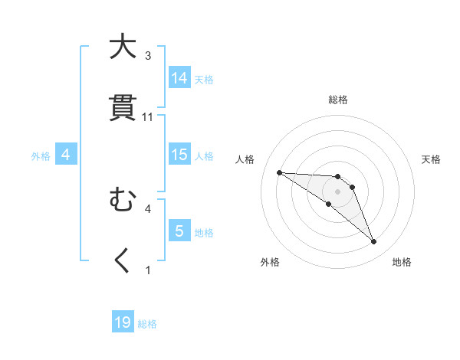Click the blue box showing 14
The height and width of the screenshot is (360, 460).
tap(179, 77)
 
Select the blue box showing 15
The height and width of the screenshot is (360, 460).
tap(179, 155)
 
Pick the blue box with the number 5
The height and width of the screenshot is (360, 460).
tap(179, 231)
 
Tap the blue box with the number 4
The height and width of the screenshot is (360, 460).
tap(65, 155)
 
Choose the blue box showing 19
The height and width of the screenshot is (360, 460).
tap(123, 322)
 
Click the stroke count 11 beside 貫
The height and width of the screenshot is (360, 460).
tap(148, 117)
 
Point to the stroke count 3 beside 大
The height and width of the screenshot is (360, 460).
tap(148, 55)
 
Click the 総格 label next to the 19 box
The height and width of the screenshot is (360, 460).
tap(148, 324)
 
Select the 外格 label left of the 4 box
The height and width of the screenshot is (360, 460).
tap(41, 156)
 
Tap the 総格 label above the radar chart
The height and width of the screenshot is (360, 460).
tap(338, 100)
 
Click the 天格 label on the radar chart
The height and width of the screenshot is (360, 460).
tap(431, 159)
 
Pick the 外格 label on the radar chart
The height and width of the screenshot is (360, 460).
tap(270, 262)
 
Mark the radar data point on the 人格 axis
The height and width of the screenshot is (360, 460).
tap(279, 172)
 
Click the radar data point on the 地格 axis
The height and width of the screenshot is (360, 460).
tap(373, 242)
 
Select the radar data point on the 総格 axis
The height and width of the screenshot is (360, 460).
tap(338, 176)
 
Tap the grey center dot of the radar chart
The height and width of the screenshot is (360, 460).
tap(338, 191)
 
